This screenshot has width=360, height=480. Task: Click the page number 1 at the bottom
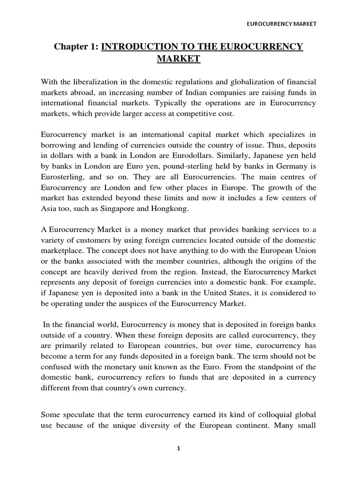[179, 448]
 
